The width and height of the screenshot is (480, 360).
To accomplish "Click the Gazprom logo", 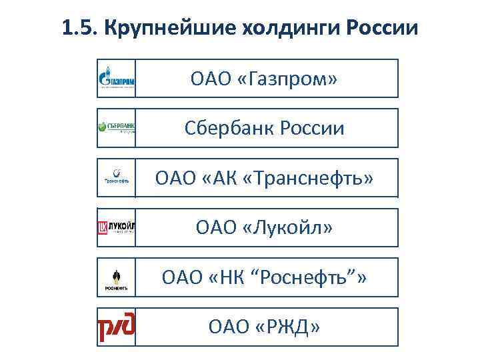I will coord(117,78).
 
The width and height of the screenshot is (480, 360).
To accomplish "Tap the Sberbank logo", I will coord(117,127).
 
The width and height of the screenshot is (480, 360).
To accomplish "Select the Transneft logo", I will coord(117,177).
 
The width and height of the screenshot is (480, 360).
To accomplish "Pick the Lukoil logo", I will coord(117,227).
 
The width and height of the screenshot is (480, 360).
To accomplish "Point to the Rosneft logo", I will coord(117,277).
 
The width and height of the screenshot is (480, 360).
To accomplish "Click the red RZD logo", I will coord(117,327).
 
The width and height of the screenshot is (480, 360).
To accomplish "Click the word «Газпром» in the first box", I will coord(289,79).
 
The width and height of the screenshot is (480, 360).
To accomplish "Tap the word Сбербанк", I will coord(227,128).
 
